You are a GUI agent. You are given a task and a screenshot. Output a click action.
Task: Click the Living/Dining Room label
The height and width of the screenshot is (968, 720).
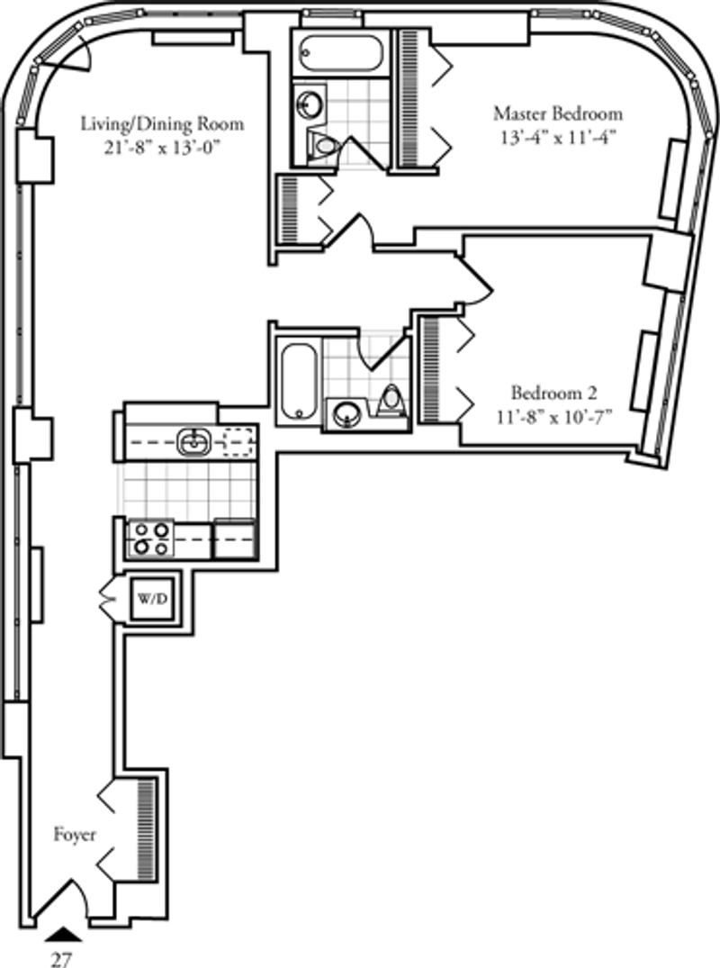tap(162, 124)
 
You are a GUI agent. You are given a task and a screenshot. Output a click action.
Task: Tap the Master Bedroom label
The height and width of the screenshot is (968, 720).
tap(558, 113)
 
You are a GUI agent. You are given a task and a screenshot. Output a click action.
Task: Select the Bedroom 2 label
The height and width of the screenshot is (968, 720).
tap(554, 393)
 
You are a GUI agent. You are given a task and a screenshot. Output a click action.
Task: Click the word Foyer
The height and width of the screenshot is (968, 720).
tap(75, 835)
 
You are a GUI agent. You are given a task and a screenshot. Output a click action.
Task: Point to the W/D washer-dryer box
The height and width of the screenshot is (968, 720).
tap(152, 599)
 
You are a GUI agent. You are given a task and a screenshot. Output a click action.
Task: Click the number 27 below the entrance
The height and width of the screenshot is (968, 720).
tap(61, 958)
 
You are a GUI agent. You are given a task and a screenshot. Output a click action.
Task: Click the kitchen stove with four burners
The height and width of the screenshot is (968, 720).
tap(151, 538)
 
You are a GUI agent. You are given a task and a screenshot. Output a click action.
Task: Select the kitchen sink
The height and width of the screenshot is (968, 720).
tap(193, 442)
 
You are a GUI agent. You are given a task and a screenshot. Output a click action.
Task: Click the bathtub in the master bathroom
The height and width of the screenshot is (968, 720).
tap(342, 54)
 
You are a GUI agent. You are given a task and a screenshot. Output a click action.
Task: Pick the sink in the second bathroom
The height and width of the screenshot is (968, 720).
tap(347, 413)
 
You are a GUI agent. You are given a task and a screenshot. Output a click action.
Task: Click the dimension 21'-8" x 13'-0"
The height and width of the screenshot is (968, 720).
tap(162, 149)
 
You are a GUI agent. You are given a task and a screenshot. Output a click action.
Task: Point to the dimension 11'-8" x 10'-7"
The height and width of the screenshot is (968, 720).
tap(553, 417)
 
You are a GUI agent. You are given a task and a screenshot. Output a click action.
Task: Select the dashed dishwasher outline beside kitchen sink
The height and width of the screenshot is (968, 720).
tap(238, 442)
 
